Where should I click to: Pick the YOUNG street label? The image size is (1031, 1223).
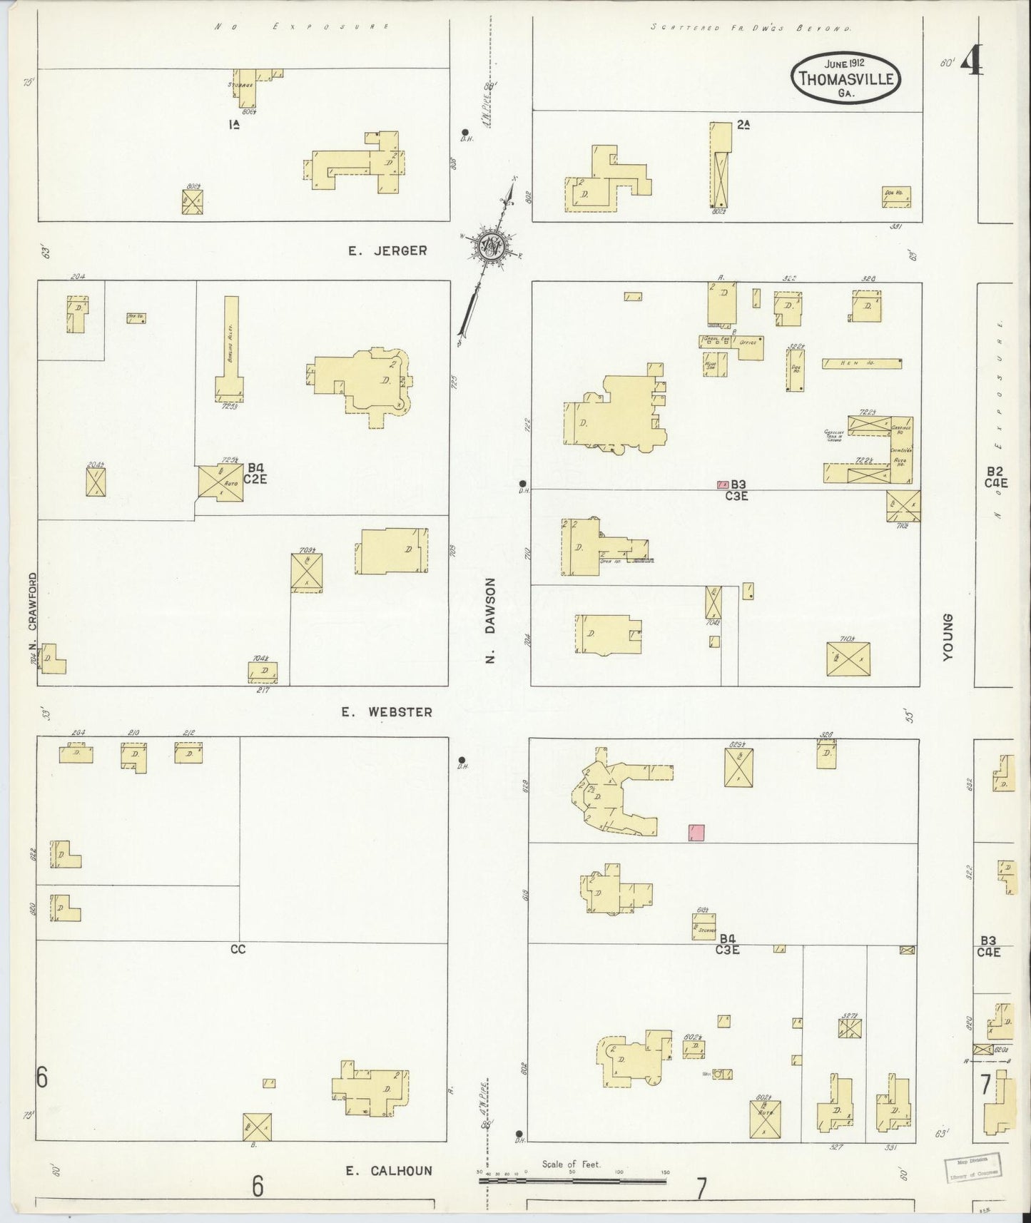[x=948, y=637]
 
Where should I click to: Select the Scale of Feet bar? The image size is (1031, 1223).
[x=573, y=1181]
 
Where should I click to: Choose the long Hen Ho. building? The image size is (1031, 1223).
[x=861, y=363]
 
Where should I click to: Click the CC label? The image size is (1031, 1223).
[x=238, y=950]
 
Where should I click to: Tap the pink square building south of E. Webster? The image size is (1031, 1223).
[x=696, y=832]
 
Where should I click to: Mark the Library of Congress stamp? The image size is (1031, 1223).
[x=974, y=1166]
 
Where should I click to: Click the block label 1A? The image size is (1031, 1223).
[x=233, y=124]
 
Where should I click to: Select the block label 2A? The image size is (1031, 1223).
[x=744, y=124]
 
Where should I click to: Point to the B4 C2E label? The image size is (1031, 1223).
[x=255, y=473]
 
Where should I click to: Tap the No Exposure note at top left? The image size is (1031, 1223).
[x=303, y=26]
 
